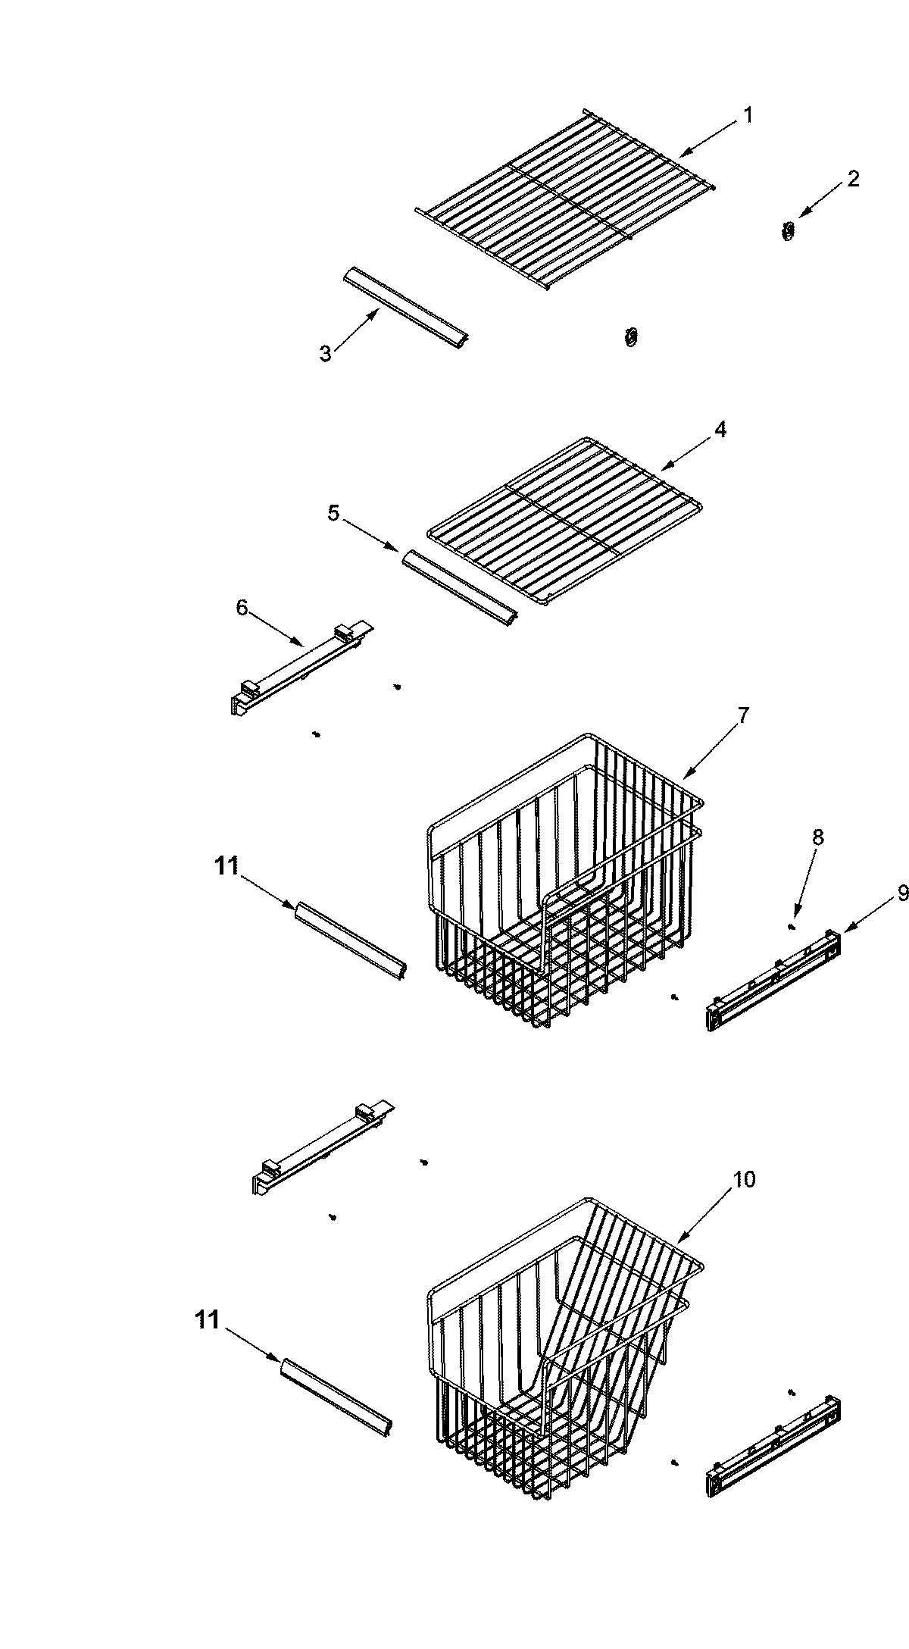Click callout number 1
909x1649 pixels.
point(748,116)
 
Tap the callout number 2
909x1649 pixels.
point(854,179)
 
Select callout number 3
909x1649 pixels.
point(325,354)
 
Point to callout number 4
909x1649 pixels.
point(720,430)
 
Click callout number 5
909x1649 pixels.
point(333,513)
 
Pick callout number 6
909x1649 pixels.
point(242,608)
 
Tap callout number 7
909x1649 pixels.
point(743,715)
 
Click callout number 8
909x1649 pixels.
point(818,837)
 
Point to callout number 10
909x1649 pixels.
point(744,1180)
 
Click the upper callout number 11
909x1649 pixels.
point(226,866)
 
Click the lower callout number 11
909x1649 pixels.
point(207,1320)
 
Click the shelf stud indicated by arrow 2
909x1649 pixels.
point(788,230)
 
